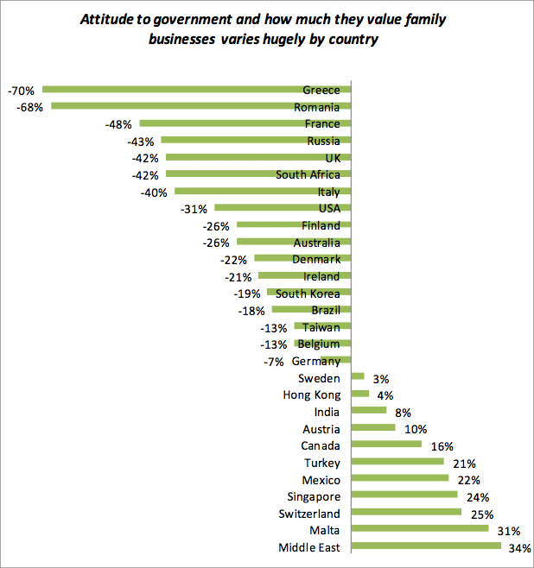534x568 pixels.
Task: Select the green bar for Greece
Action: tap(173, 90)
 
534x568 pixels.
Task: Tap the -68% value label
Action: tap(30, 107)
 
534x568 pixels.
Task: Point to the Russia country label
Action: tap(323, 141)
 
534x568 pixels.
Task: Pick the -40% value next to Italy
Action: tap(154, 192)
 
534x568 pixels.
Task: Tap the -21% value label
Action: tap(238, 276)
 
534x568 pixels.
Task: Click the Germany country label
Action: tap(315, 361)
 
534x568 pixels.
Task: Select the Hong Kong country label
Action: tap(312, 394)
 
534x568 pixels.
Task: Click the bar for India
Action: tap(369, 412)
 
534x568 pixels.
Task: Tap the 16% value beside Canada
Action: tap(436, 445)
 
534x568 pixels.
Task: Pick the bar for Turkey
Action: tap(397, 463)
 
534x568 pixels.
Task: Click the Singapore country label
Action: tap(314, 496)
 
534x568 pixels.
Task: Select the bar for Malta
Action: tap(420, 530)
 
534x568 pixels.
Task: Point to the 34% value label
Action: tap(521, 547)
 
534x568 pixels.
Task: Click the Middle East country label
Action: tap(309, 547)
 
